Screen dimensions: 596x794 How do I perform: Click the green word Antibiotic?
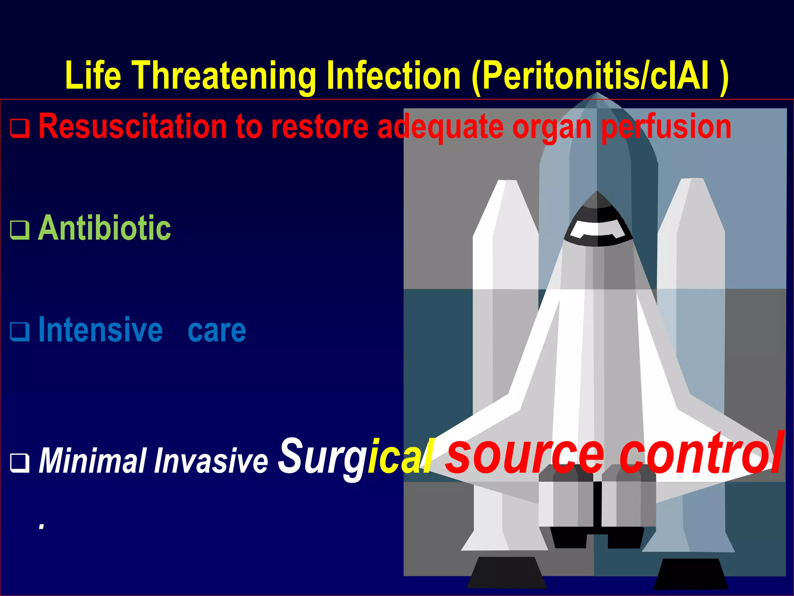[x=104, y=228]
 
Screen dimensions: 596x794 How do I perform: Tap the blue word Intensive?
[x=100, y=330]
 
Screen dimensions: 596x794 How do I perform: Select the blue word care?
[x=217, y=331]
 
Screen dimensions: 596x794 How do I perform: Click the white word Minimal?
[x=93, y=461]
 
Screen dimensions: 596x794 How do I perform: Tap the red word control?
[x=701, y=452]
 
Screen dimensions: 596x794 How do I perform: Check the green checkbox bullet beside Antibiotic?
[x=19, y=230]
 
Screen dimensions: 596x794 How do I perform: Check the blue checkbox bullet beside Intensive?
[x=19, y=332]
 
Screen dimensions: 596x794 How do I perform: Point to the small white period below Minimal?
[x=41, y=526]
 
